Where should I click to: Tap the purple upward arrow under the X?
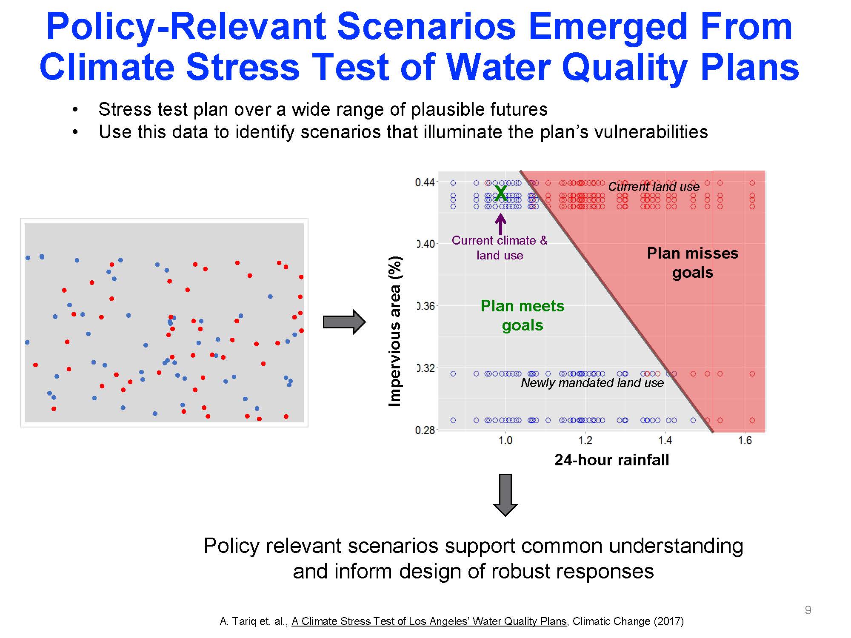pyautogui.click(x=501, y=224)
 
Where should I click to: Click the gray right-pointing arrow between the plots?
pyautogui.click(x=344, y=322)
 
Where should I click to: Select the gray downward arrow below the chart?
pyautogui.click(x=505, y=495)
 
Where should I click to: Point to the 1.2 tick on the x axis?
pyautogui.click(x=585, y=440)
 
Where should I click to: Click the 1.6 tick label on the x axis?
pyautogui.click(x=745, y=440)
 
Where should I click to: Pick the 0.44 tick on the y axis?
pyautogui.click(x=425, y=182)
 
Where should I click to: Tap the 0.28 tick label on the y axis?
pyautogui.click(x=425, y=430)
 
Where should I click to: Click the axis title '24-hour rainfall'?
pyautogui.click(x=611, y=460)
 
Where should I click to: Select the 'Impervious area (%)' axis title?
pyautogui.click(x=395, y=331)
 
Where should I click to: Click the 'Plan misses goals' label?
pyautogui.click(x=693, y=262)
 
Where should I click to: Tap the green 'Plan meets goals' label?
pyautogui.click(x=523, y=315)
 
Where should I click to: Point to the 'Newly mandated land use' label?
pyautogui.click(x=592, y=383)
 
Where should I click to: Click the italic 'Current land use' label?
pyautogui.click(x=654, y=186)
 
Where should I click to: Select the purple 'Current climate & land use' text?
pyautogui.click(x=500, y=248)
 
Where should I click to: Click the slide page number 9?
pyautogui.click(x=808, y=610)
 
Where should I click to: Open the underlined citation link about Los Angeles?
pyautogui.click(x=429, y=621)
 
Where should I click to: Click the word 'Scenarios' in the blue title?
pyautogui.click(x=427, y=27)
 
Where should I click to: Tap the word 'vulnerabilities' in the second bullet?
pyautogui.click(x=651, y=132)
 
